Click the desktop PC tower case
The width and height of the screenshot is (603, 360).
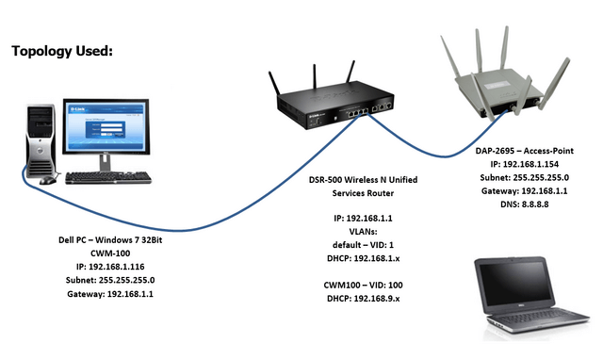point(37,142)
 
